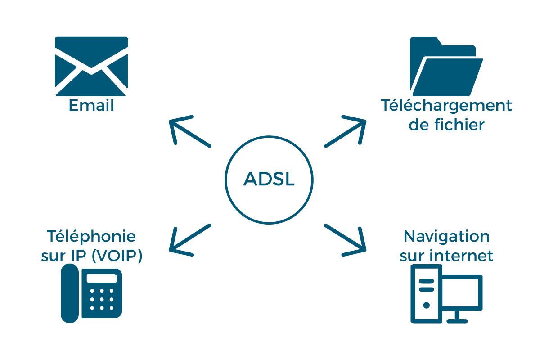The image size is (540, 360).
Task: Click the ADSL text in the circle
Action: point(269,180)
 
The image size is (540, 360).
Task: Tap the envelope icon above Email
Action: point(91,66)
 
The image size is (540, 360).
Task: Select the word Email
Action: point(91,106)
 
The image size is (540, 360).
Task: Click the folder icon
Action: point(445,67)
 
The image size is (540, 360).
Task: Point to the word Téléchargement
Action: point(446,106)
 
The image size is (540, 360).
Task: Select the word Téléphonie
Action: point(91,237)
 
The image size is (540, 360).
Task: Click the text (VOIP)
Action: point(117,256)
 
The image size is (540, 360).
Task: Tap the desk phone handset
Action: point(70,293)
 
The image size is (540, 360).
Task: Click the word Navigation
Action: point(446,237)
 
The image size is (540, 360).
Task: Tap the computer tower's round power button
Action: point(426,305)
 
